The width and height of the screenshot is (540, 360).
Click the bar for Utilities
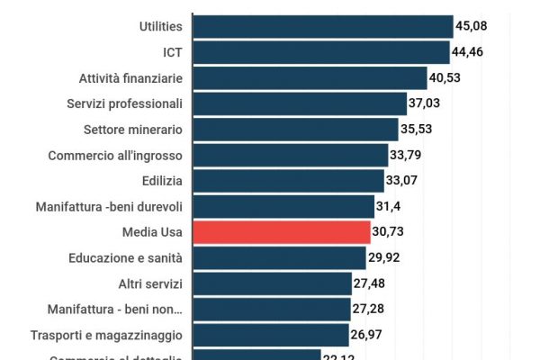point(322,26)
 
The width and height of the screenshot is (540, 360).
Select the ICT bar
point(320,52)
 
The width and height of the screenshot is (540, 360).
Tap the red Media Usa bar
point(281,232)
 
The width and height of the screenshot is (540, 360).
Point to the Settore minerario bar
point(295,130)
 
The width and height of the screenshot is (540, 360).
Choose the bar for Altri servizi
point(272,284)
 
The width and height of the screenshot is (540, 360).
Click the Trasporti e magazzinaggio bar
point(270,336)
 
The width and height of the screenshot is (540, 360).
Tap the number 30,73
point(391,232)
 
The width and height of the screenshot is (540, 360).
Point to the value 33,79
point(408,155)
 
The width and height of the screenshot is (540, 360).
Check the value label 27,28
point(372,310)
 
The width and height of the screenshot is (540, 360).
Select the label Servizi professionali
point(125,103)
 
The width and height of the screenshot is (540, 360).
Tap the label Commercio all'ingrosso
point(115,155)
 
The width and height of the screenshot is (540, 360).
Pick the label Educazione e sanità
point(125,258)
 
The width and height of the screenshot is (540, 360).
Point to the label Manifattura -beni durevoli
point(109,207)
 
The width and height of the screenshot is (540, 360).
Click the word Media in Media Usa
point(140,232)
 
